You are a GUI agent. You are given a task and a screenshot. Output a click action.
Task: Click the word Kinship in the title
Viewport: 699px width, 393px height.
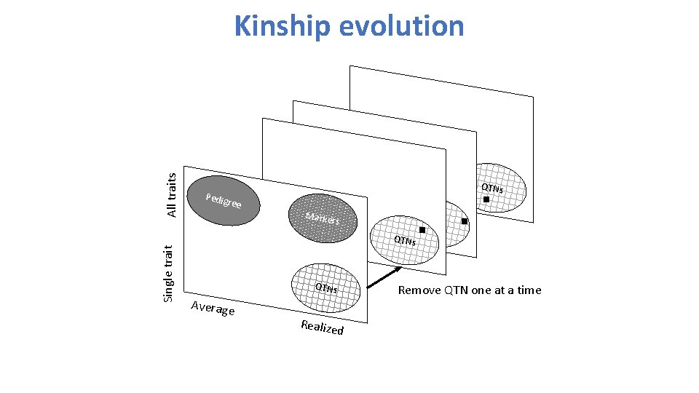click(x=277, y=27)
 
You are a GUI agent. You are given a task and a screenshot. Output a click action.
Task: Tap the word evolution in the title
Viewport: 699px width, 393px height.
click(x=396, y=25)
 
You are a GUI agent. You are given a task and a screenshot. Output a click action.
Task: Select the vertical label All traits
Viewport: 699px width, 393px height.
click(x=172, y=194)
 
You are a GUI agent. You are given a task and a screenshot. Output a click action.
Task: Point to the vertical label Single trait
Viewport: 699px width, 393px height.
click(x=168, y=273)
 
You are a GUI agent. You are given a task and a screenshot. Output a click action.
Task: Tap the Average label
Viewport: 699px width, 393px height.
click(x=212, y=309)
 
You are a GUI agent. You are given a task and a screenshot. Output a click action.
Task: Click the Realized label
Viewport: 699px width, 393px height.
click(x=322, y=327)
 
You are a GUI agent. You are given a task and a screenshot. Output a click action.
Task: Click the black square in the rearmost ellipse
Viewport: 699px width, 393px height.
click(x=486, y=199)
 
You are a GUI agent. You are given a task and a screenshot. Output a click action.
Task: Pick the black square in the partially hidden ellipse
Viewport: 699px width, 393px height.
click(x=465, y=221)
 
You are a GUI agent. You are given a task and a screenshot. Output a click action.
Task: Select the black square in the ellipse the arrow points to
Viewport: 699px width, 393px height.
click(x=422, y=230)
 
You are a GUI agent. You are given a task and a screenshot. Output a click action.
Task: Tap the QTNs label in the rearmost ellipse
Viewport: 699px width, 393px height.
click(x=493, y=188)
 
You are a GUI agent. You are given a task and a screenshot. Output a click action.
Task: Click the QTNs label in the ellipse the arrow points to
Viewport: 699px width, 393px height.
click(x=405, y=241)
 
